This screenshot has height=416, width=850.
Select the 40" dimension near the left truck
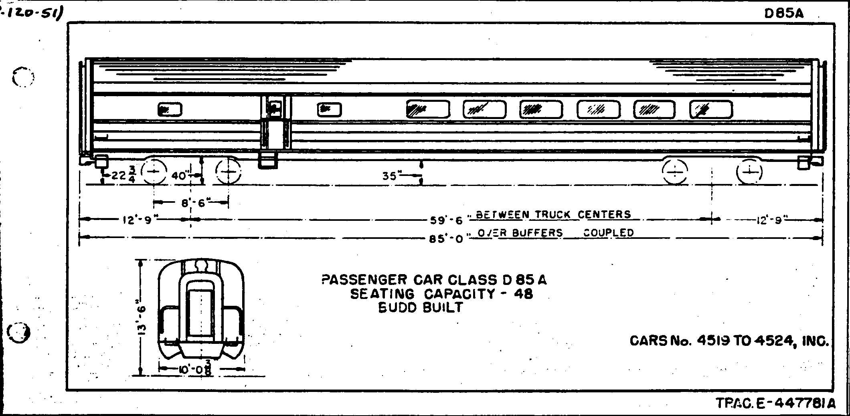(x=180, y=176)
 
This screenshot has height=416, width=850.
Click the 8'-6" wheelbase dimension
(x=193, y=203)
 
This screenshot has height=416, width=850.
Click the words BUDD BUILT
(x=421, y=308)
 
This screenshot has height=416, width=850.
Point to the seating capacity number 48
(x=523, y=294)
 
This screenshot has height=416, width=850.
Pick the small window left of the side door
(x=170, y=109)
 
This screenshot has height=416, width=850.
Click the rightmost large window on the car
(x=711, y=109)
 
